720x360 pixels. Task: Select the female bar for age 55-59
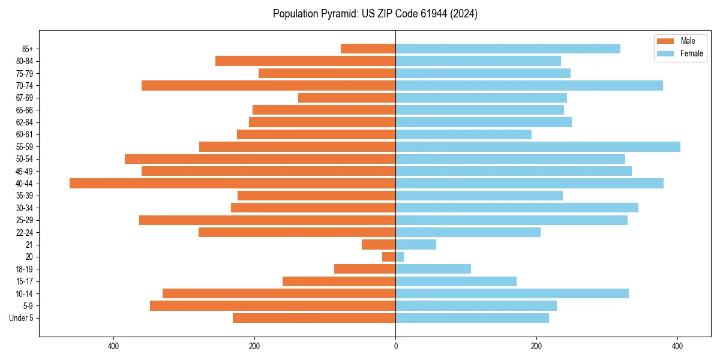pyautogui.click(x=538, y=147)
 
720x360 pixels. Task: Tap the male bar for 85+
pyautogui.click(x=368, y=49)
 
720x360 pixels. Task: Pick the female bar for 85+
pyautogui.click(x=508, y=49)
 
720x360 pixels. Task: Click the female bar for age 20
pyautogui.click(x=400, y=257)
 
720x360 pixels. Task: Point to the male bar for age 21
pyautogui.click(x=379, y=245)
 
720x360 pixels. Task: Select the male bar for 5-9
pyautogui.click(x=272, y=306)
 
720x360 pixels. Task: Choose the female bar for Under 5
pyautogui.click(x=472, y=318)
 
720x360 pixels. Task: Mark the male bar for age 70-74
pyautogui.click(x=268, y=86)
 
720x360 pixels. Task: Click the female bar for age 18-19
pyautogui.click(x=433, y=269)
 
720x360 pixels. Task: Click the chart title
pyautogui.click(x=375, y=14)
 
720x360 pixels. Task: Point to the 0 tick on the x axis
pyautogui.click(x=395, y=346)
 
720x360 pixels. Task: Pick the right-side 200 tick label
pyautogui.click(x=536, y=346)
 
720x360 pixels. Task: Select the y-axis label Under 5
pyautogui.click(x=21, y=318)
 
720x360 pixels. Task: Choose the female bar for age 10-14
pyautogui.click(x=512, y=293)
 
